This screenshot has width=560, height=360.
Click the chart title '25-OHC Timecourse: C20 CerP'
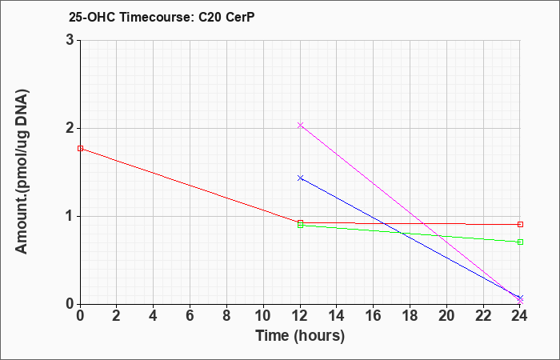coord(162,18)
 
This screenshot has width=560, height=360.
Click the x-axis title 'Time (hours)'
coord(300,336)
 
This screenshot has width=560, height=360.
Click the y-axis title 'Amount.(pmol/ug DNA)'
coord(22,172)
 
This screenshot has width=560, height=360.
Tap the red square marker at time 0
coord(80,149)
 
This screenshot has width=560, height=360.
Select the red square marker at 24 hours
coord(520,224)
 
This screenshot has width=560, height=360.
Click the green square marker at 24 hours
coord(520,242)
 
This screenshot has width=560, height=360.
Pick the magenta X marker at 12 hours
coord(300,125)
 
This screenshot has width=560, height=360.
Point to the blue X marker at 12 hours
coord(300,178)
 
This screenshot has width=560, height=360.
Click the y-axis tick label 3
coord(70,40)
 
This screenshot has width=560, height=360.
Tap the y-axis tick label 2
coord(70,128)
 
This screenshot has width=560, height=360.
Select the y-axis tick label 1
coord(70,217)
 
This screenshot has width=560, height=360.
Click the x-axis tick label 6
coord(190,316)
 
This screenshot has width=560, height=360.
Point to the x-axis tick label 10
coord(263,316)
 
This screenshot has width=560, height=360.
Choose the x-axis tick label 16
coord(374,316)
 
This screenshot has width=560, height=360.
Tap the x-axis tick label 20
coord(446,316)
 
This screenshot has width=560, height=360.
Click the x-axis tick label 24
coord(520,316)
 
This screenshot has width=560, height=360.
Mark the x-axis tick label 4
coord(154,316)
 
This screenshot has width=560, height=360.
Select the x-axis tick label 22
coord(483,316)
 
